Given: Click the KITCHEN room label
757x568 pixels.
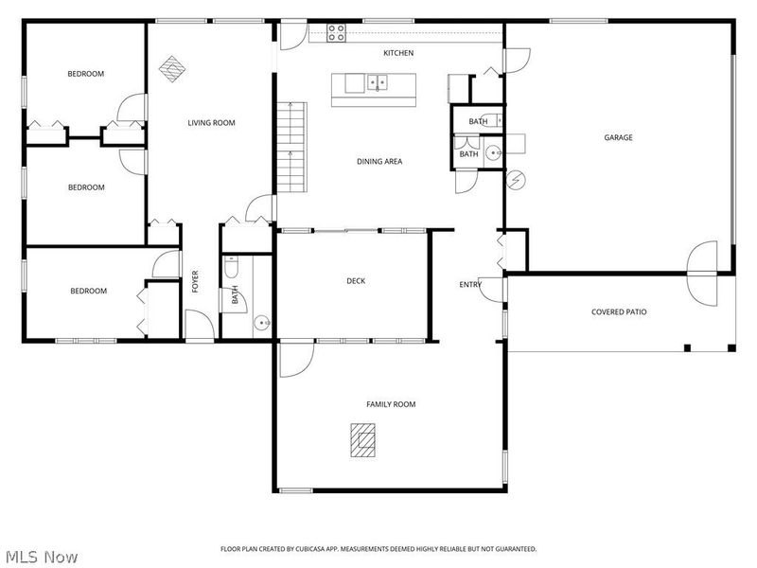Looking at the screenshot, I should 398,53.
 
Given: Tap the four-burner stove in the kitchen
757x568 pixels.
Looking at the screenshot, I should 336,32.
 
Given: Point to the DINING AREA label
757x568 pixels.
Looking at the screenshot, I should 379,162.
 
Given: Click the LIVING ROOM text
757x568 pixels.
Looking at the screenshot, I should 211,122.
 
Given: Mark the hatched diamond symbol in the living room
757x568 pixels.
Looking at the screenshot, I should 171,68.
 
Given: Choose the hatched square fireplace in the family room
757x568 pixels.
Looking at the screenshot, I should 361,439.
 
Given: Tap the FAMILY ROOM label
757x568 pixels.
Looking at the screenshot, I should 391,404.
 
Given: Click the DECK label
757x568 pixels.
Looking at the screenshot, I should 356,280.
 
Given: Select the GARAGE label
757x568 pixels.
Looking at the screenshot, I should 618,137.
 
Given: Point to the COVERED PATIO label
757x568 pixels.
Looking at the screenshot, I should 619,311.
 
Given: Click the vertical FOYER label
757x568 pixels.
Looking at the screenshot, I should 196,281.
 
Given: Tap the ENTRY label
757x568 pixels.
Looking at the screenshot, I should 470,284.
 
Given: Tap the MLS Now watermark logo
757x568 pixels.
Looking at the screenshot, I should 41,557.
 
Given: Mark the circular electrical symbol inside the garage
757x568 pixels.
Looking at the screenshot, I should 516,178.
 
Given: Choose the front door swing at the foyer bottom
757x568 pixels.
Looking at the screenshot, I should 199,328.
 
